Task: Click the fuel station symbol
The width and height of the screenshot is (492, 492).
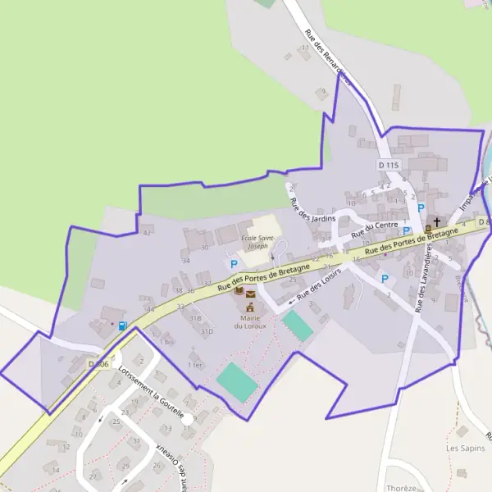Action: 122,326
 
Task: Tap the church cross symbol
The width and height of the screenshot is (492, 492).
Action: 437,221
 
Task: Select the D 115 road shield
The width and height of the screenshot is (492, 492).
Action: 389,165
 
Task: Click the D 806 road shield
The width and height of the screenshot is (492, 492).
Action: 98,363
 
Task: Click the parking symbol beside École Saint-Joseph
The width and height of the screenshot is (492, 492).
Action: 234,264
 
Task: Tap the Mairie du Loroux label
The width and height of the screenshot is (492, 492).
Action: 248,321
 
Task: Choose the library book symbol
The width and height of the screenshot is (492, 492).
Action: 239,292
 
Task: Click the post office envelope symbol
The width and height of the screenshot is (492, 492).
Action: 251,294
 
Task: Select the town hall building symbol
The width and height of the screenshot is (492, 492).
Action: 248,307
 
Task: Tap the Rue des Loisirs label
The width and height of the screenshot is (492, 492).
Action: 319,285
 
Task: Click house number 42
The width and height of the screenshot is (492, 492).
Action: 147,233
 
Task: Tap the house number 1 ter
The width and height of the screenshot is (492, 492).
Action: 194,364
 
